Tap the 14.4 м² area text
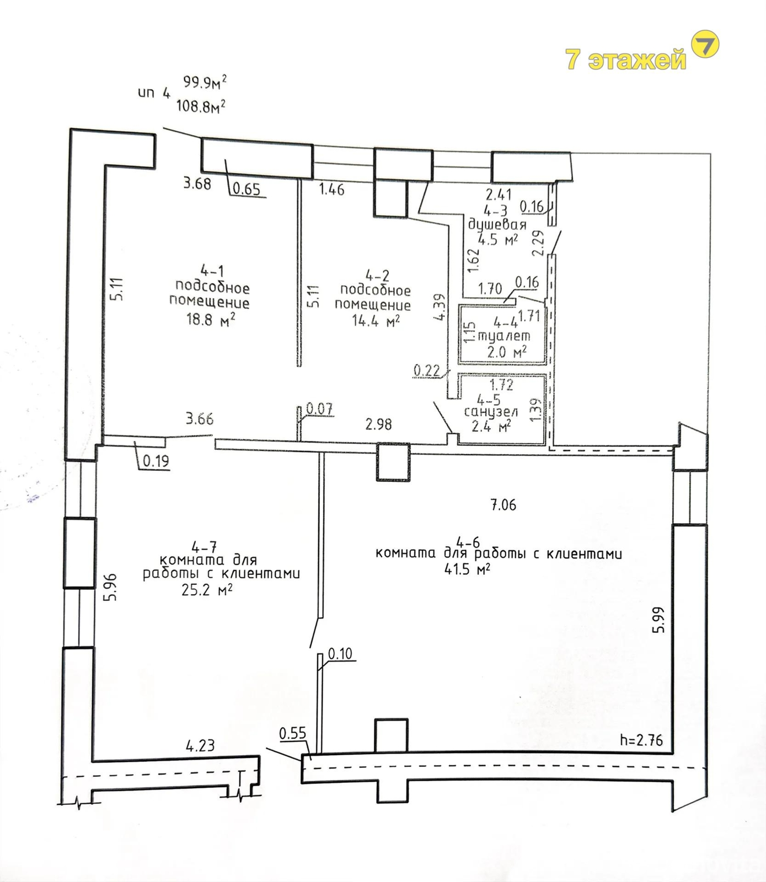[376, 321]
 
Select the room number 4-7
[204, 547]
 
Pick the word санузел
[490, 412]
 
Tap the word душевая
[497, 225]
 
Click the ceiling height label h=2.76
[641, 740]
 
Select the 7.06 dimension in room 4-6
[503, 504]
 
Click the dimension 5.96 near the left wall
[111, 587]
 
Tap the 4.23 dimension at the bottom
[200, 746]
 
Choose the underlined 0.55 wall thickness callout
[292, 733]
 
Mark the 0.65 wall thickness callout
[246, 189]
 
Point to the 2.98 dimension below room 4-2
[378, 424]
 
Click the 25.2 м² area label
[206, 590]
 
